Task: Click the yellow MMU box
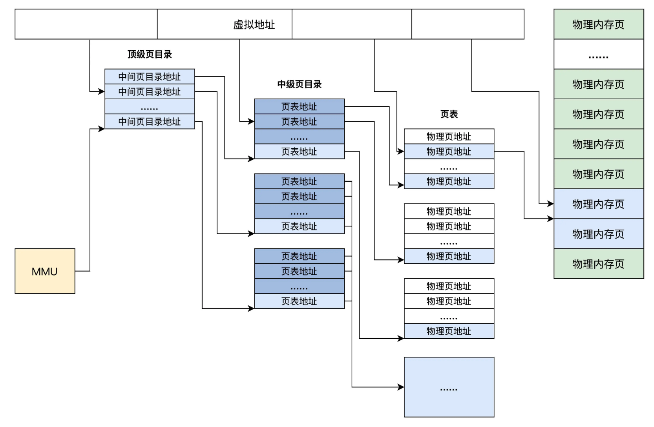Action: [x=45, y=271]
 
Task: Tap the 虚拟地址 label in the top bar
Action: [x=254, y=25]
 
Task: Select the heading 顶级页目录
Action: [x=150, y=55]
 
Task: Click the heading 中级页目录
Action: [x=299, y=84]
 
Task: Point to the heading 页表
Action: [x=449, y=114]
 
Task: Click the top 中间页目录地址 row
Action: [x=150, y=77]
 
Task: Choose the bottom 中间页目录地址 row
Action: [x=150, y=122]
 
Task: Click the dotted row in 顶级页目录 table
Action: [x=150, y=107]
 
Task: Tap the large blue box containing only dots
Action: [x=449, y=387]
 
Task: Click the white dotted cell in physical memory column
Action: [x=598, y=55]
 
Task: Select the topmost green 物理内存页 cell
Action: [x=598, y=24]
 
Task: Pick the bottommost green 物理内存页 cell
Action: [x=598, y=264]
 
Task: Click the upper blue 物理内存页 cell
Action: [x=598, y=204]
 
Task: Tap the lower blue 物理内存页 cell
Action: [x=598, y=234]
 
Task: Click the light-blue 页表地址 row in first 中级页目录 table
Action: [x=299, y=151]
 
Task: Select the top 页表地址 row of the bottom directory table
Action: [x=299, y=256]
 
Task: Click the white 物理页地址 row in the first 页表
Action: [x=449, y=137]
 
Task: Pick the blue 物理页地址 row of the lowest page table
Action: [x=449, y=331]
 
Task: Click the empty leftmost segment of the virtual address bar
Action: [x=86, y=24]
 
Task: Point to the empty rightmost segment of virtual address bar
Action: [x=468, y=24]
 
